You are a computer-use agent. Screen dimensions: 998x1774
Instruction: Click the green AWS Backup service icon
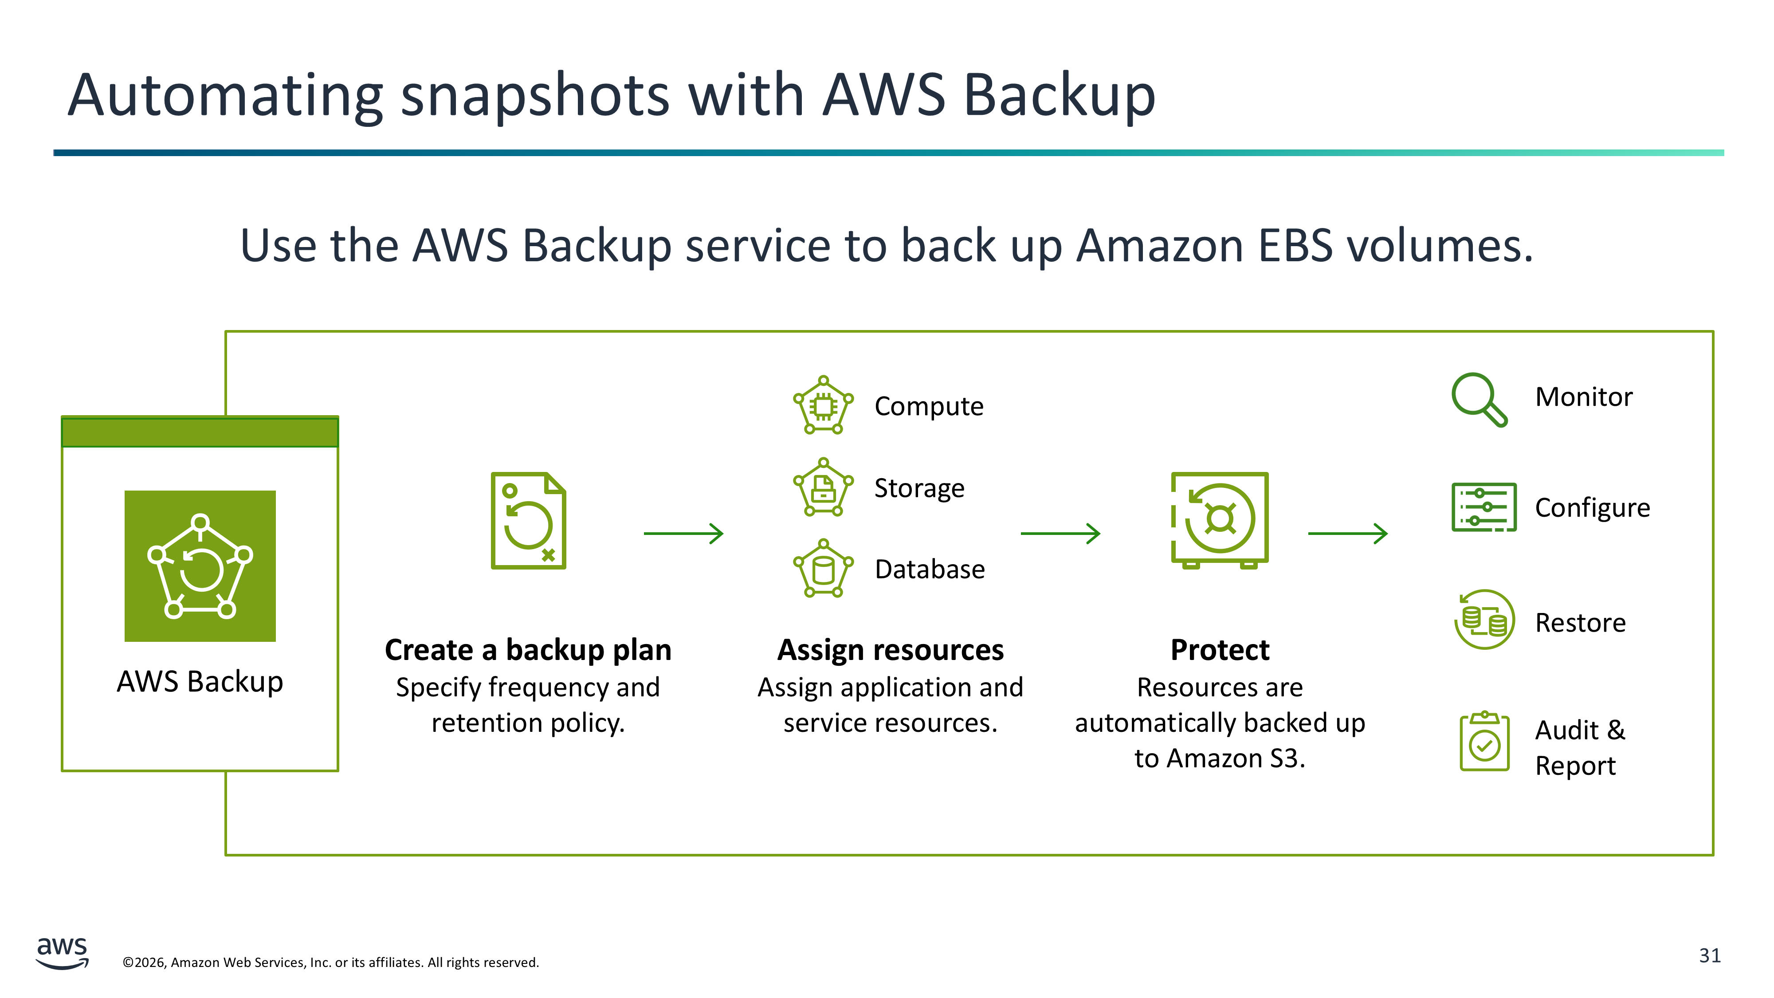[200, 566]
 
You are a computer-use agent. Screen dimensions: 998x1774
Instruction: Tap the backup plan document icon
[528, 521]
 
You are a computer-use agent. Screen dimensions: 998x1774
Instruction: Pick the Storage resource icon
[823, 487]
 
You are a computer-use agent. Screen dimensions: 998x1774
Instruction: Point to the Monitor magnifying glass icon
[1479, 399]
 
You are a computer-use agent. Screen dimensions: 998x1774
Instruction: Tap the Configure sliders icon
[1484, 507]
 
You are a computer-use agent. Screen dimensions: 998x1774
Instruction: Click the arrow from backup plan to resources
[683, 533]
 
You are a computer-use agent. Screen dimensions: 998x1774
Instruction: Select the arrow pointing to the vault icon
[1060, 533]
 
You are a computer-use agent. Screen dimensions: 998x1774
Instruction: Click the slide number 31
[1709, 955]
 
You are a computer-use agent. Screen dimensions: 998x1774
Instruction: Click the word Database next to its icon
[929, 569]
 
